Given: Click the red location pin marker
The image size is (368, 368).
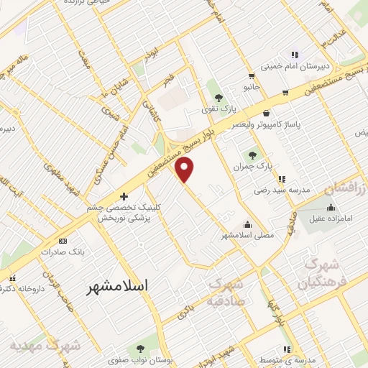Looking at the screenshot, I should pyautogui.click(x=185, y=170).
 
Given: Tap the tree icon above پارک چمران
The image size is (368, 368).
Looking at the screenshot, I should pyautogui.click(x=252, y=154).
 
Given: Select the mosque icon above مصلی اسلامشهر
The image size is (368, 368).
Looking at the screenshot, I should pyautogui.click(x=248, y=224).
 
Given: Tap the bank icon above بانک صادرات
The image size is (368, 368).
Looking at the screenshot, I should pyautogui.click(x=63, y=241).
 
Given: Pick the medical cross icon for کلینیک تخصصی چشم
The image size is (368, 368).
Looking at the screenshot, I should pyautogui.click(x=124, y=195).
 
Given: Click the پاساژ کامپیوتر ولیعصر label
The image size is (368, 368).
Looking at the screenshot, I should pyautogui.click(x=266, y=124).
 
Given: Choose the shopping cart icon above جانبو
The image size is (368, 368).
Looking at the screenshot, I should pyautogui.click(x=251, y=75).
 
